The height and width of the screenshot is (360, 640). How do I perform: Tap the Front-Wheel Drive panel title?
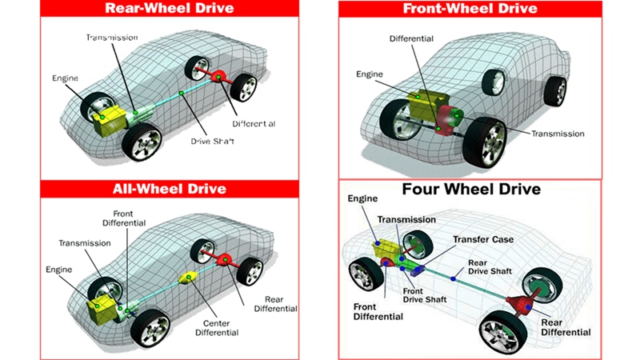(x=470, y=9)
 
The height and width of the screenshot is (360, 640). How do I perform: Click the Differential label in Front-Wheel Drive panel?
(x=412, y=38)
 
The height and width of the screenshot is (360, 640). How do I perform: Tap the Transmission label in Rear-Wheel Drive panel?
(x=112, y=37)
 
